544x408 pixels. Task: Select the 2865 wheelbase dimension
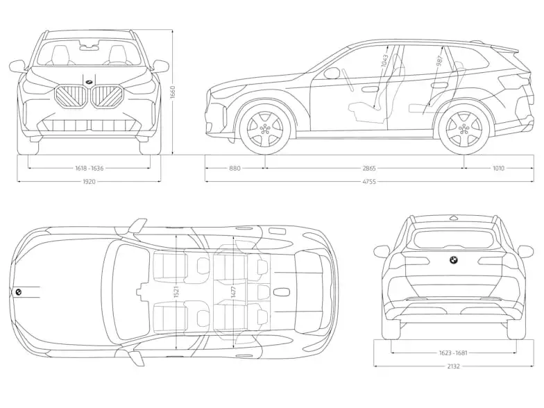click(x=364, y=167)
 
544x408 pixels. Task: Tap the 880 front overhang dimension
click(x=235, y=167)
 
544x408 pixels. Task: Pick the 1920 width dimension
click(x=88, y=182)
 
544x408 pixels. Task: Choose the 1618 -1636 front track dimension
click(x=88, y=167)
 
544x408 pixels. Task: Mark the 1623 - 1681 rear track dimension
click(x=452, y=352)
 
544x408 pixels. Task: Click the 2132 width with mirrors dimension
click(x=452, y=366)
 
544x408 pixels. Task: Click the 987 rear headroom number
click(x=439, y=61)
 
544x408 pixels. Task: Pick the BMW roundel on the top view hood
click(x=18, y=292)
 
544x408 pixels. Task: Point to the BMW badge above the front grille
click(x=89, y=83)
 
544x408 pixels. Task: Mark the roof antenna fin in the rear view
click(x=452, y=218)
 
